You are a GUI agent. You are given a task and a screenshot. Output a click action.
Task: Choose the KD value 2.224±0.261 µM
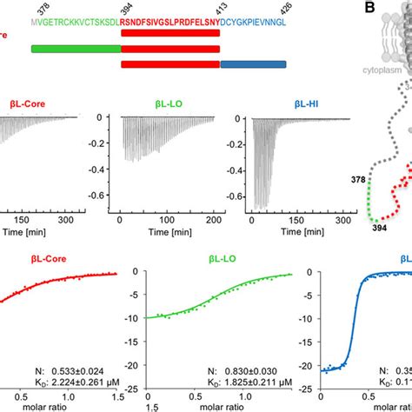tap(81, 380)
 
